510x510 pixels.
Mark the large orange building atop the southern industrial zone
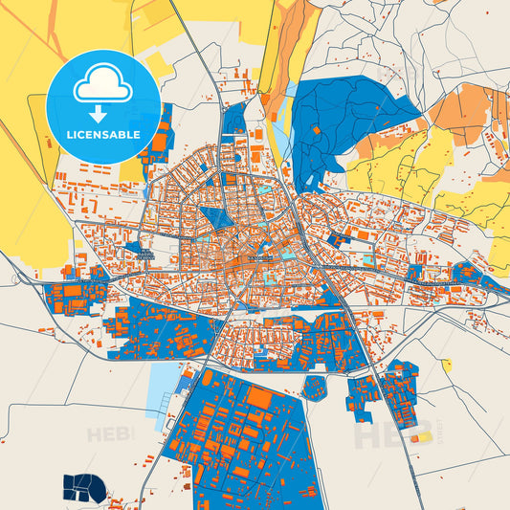coord(259,395)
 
